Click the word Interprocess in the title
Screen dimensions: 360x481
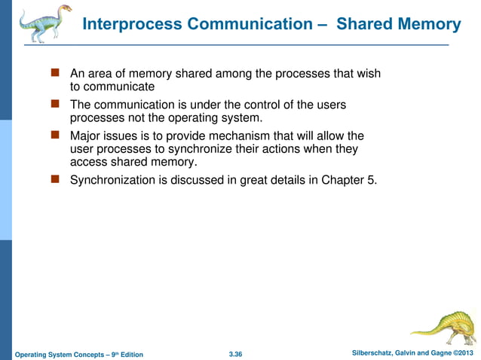pyautogui.click(x=131, y=24)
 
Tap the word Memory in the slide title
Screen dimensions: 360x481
pyautogui.click(x=430, y=24)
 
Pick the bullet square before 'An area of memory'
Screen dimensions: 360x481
pyautogui.click(x=55, y=74)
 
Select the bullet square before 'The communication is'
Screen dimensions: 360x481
pyautogui.click(x=55, y=105)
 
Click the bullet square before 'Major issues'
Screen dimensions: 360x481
pyautogui.click(x=55, y=136)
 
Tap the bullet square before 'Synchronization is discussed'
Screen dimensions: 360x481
pyautogui.click(x=55, y=180)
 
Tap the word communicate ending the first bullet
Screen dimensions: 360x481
pyautogui.click(x=112, y=87)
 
